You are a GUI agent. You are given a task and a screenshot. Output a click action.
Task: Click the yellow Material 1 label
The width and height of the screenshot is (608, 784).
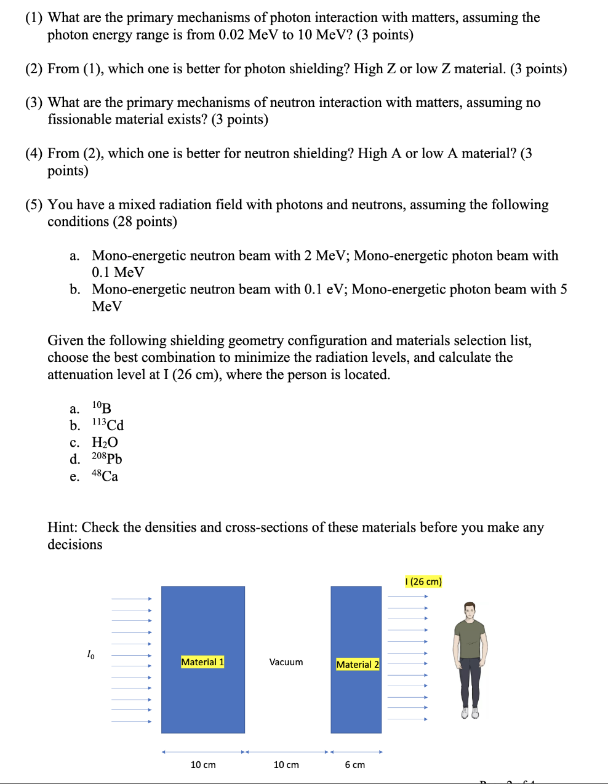pos(202,662)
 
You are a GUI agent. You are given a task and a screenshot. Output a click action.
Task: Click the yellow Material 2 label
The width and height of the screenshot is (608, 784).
pos(358,665)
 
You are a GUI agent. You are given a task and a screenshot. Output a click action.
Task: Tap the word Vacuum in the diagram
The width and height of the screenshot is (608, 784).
pos(286,662)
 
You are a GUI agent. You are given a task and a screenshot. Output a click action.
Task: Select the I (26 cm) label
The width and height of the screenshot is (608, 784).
pos(423,582)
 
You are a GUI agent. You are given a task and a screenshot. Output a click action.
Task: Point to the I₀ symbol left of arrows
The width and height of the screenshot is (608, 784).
pos(90,655)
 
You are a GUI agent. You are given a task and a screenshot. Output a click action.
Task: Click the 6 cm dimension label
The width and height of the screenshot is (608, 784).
pos(354,765)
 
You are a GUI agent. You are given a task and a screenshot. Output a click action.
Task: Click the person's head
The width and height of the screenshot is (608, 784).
pos(470,612)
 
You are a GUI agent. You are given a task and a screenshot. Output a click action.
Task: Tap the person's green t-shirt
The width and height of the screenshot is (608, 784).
pos(470,640)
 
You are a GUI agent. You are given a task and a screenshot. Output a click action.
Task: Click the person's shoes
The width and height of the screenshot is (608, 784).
pos(470,713)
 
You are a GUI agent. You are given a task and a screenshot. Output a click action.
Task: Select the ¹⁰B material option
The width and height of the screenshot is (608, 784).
pos(102,408)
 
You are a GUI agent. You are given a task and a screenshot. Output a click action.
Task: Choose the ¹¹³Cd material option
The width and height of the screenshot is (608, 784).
pos(108,425)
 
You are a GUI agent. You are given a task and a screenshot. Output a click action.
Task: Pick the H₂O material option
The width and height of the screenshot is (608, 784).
pos(105,442)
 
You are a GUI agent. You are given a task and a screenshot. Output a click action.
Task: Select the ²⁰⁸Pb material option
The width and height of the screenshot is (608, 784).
pos(107,459)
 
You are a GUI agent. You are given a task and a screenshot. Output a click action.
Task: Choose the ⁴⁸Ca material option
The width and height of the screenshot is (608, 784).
pos(105,476)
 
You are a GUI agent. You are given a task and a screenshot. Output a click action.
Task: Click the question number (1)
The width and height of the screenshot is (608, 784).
pos(34,18)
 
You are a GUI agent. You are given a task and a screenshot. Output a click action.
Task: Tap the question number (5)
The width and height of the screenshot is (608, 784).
pos(34,205)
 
